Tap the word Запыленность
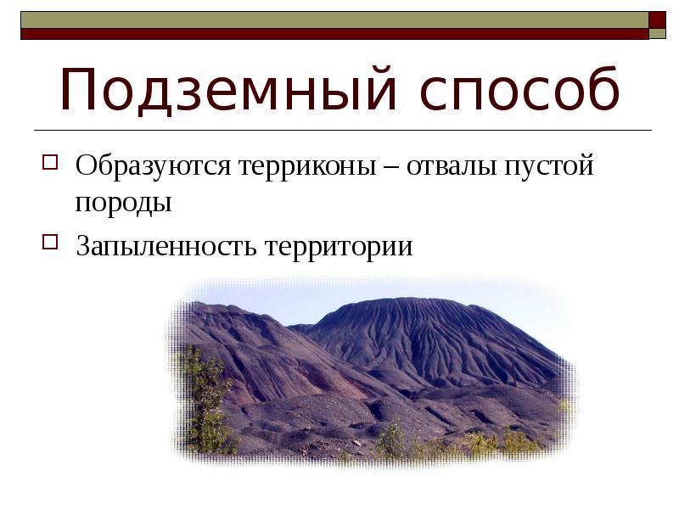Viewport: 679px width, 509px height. (x=165, y=246)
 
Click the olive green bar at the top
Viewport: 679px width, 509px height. (x=331, y=20)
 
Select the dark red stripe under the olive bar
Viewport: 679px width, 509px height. (x=331, y=34)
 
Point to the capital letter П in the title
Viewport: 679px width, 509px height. (x=82, y=92)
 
